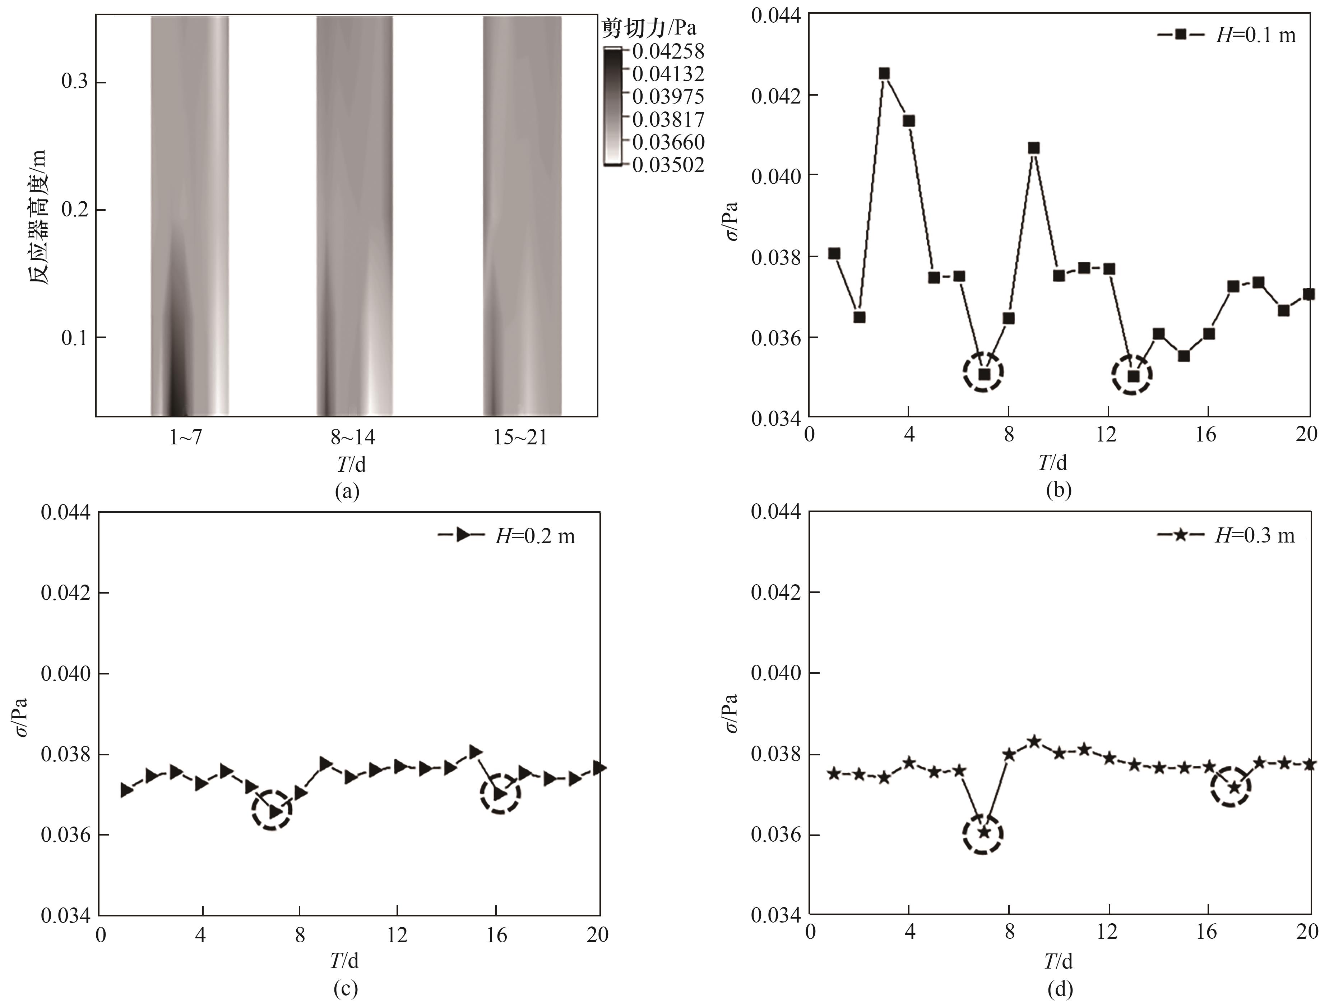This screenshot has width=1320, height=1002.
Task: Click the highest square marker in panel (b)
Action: coord(884,73)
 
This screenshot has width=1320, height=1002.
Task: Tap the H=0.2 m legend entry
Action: coord(507,536)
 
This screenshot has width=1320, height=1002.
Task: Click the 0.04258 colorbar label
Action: coord(668,51)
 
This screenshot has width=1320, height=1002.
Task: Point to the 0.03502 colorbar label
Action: coord(668,164)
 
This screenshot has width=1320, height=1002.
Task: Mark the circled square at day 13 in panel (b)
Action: coord(1133,376)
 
